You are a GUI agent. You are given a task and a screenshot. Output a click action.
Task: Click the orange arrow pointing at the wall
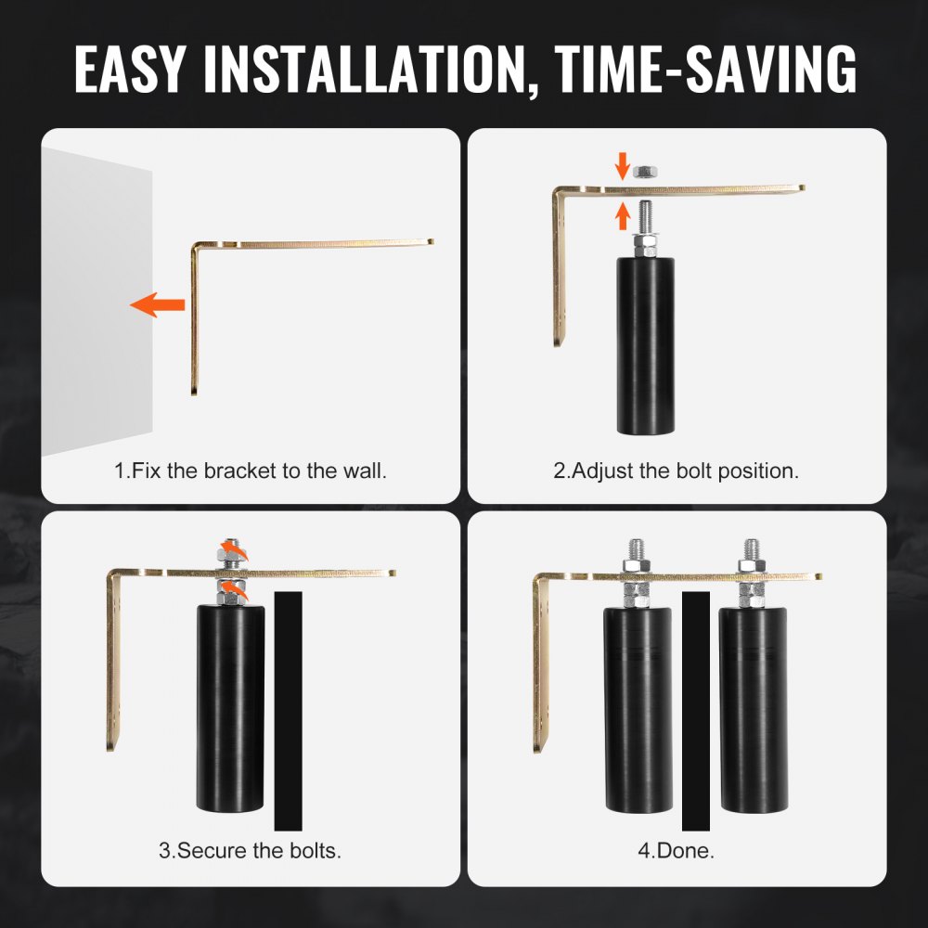coord(158,304)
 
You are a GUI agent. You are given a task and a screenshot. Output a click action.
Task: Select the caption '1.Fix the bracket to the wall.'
coord(251,471)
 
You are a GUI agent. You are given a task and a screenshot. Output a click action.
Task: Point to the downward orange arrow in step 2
coord(622,166)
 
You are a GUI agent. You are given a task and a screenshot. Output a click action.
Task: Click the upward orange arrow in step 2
coord(622,216)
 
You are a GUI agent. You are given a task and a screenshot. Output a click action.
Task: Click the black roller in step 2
coord(646,345)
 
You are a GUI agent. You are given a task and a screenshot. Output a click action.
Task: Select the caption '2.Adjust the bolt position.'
coord(677,471)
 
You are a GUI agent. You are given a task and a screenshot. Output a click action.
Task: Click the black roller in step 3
coord(230,708)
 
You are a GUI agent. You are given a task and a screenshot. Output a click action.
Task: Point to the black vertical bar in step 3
coord(289,711)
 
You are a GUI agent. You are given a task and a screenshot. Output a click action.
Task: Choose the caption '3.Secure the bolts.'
coord(251,850)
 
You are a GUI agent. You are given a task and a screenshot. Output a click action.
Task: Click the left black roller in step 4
coord(638,710)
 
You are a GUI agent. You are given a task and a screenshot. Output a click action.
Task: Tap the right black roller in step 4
coord(754,710)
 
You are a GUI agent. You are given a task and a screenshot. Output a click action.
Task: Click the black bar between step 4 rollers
coord(696,711)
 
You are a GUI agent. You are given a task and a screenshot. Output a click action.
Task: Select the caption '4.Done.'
coord(677,850)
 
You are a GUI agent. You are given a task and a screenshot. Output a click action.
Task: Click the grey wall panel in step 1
coord(97,302)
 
